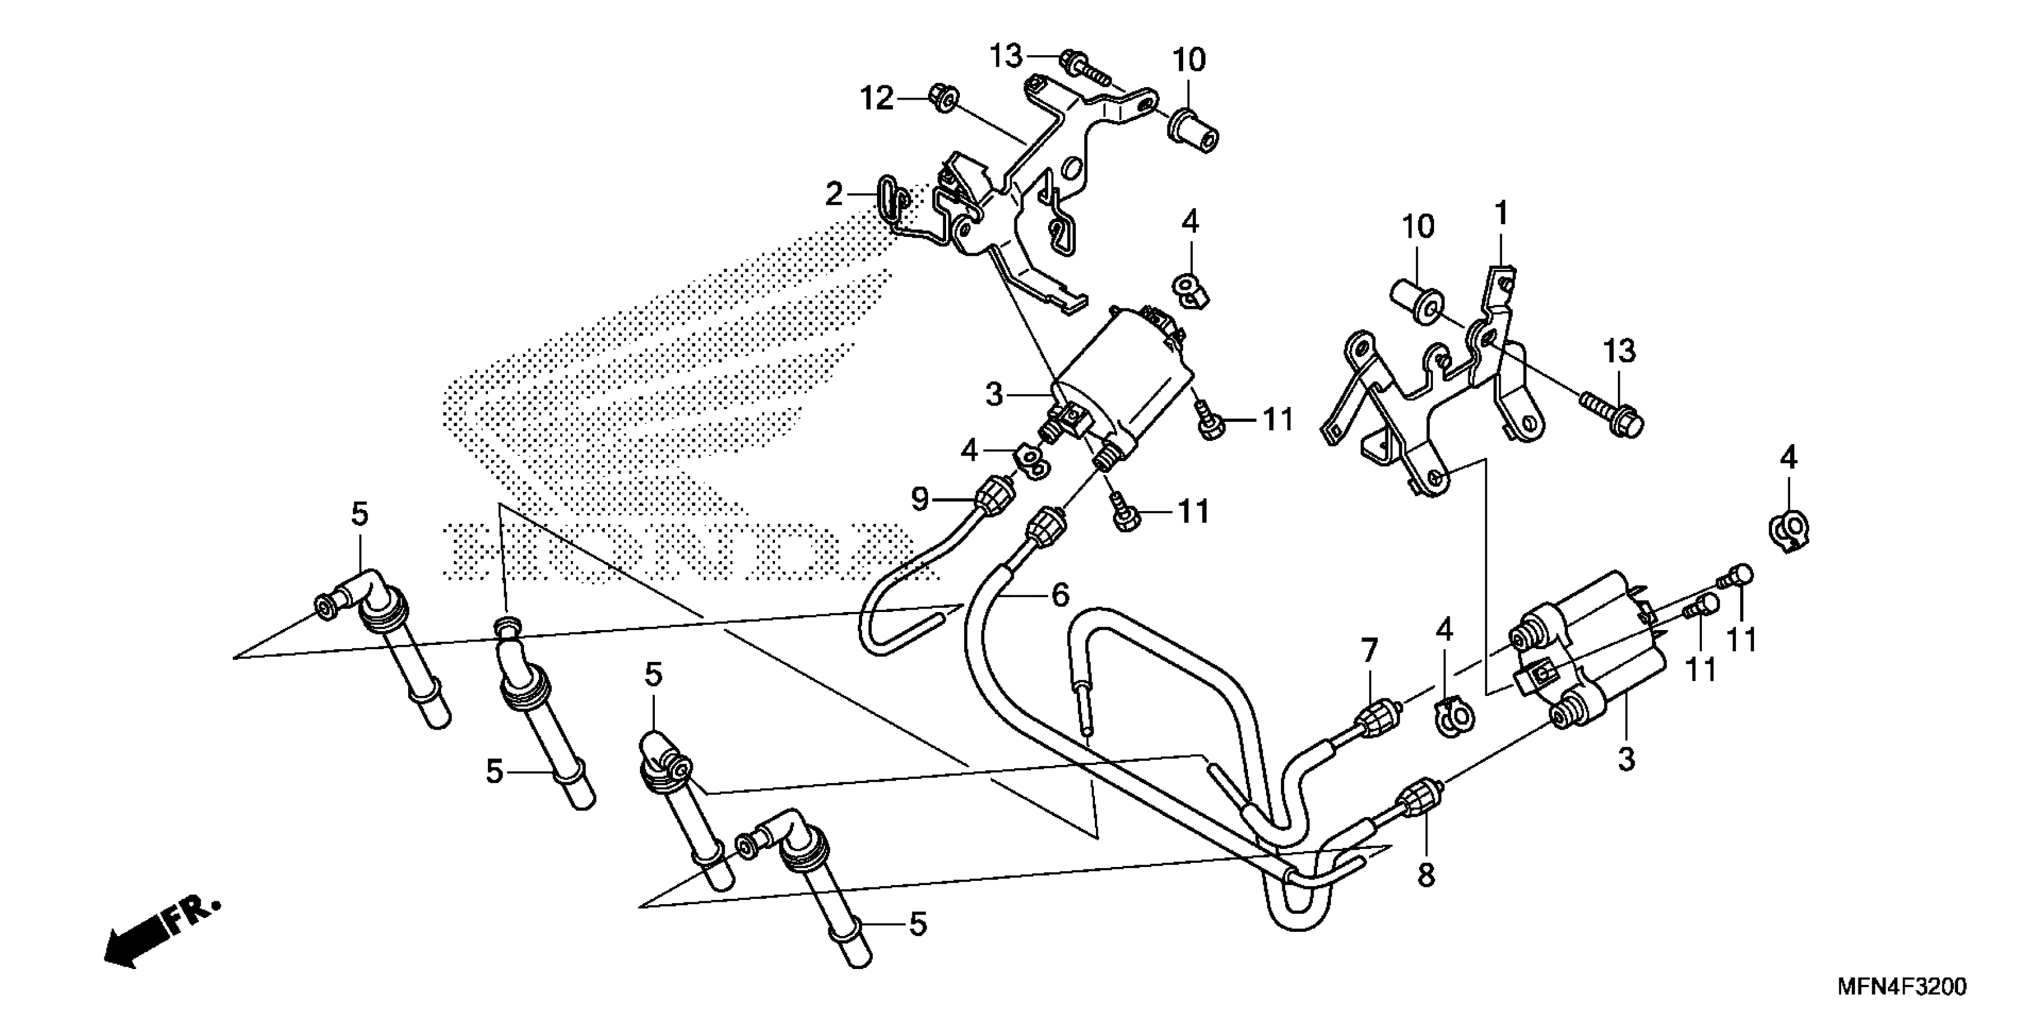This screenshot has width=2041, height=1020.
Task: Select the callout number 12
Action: pyautogui.click(x=877, y=99)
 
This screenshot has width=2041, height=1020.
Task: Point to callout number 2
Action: pyautogui.click(x=834, y=194)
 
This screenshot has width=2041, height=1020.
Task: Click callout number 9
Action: pyautogui.click(x=919, y=499)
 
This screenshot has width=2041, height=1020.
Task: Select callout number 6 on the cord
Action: pyautogui.click(x=1060, y=594)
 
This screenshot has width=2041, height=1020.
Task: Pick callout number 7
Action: pyautogui.click(x=1370, y=651)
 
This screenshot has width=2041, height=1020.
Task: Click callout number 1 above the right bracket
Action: pyautogui.click(x=1501, y=214)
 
